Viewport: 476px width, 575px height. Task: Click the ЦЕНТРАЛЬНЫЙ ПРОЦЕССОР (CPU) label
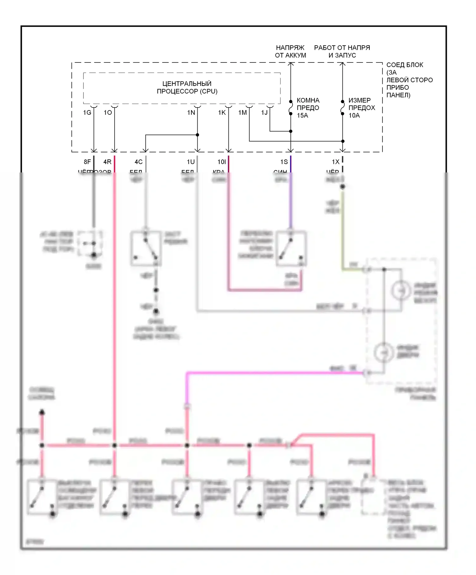tap(187, 87)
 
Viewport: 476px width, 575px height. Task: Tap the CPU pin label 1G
tap(87, 113)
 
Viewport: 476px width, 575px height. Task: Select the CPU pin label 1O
tap(108, 113)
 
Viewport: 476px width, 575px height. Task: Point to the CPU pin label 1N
tap(191, 113)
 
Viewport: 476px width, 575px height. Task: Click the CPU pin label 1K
tap(222, 113)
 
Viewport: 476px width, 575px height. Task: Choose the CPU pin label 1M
tap(243, 113)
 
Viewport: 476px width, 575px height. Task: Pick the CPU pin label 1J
tap(264, 113)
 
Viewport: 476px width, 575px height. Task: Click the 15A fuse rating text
tap(302, 115)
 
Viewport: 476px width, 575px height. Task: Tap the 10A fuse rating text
tap(354, 115)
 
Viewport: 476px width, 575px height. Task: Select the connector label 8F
tap(87, 162)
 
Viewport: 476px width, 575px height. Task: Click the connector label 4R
tap(108, 162)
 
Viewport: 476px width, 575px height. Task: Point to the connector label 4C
tap(139, 162)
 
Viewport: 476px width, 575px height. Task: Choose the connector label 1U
tap(191, 162)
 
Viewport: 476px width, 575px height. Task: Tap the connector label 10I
tap(222, 162)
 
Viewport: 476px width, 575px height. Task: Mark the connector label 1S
tap(284, 162)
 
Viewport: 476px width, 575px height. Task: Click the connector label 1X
tap(336, 162)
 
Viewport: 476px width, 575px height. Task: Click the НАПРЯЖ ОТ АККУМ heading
tap(290, 51)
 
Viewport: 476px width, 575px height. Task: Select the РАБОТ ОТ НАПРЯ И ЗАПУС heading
tap(342, 51)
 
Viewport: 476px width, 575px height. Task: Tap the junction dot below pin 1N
tap(197, 135)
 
